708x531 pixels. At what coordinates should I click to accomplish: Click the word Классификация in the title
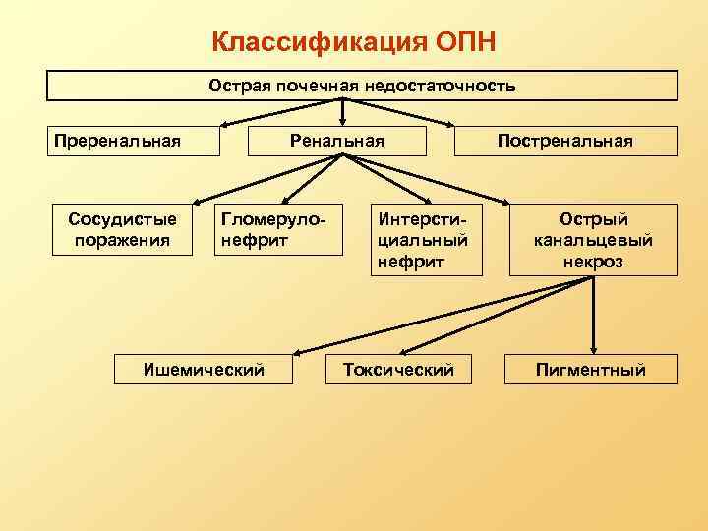click(x=318, y=43)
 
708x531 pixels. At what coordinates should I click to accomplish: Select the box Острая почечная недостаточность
click(x=362, y=86)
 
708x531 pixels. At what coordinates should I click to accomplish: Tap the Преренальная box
click(x=118, y=141)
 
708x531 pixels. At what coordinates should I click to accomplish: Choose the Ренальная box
click(x=337, y=141)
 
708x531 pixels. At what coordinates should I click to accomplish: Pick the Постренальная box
click(x=565, y=141)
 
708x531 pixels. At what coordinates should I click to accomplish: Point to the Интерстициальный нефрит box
click(x=426, y=240)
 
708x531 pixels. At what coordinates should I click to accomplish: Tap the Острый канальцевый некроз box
click(x=593, y=240)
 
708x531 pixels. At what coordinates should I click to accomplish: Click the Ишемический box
click(x=204, y=370)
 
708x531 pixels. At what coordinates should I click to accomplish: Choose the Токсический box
click(x=398, y=370)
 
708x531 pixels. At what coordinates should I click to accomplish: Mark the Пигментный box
click(x=590, y=370)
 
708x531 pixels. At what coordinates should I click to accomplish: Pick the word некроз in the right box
click(x=593, y=263)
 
